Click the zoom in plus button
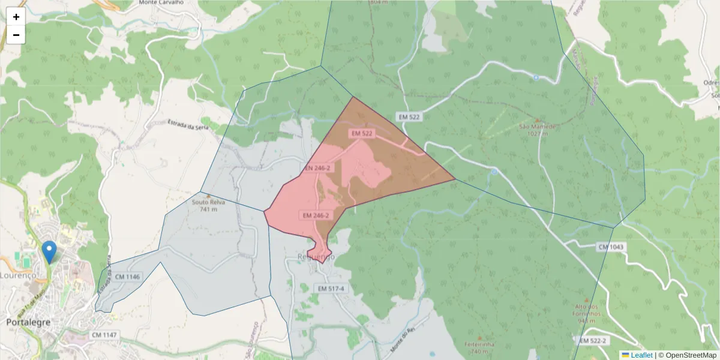pos(16,17)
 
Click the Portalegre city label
pos(28,322)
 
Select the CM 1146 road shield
pos(127,277)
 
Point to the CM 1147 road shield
pos(104,334)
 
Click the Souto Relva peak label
pos(208,202)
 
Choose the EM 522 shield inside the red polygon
pos(362,133)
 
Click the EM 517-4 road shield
pos(331,289)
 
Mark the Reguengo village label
pos(316,257)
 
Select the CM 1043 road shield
pos(611,247)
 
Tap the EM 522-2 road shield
pos(594,341)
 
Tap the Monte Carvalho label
pos(160,2)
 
